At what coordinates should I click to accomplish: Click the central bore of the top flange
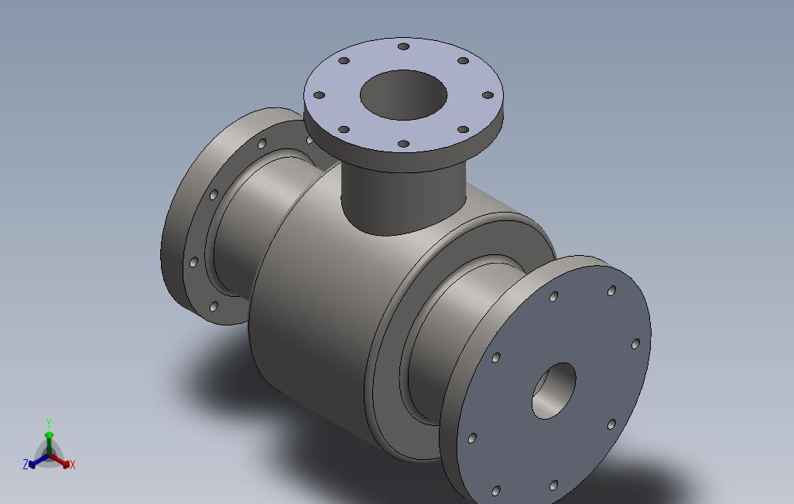click(x=403, y=95)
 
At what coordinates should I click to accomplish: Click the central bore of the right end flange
click(x=554, y=390)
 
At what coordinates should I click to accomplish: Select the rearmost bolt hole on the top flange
click(x=403, y=46)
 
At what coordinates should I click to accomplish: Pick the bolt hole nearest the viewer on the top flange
click(x=403, y=144)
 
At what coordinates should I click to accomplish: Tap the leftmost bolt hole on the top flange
click(x=318, y=95)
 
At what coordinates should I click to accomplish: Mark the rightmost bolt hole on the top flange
click(x=488, y=95)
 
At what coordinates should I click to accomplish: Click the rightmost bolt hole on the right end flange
click(x=635, y=344)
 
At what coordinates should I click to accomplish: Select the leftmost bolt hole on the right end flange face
click(x=472, y=438)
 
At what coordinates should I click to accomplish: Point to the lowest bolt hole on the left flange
click(x=214, y=307)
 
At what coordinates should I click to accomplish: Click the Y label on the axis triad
click(x=49, y=424)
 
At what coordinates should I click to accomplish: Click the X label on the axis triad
click(x=73, y=465)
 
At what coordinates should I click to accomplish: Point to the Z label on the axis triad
click(x=26, y=465)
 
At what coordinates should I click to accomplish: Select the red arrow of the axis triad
click(x=60, y=461)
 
